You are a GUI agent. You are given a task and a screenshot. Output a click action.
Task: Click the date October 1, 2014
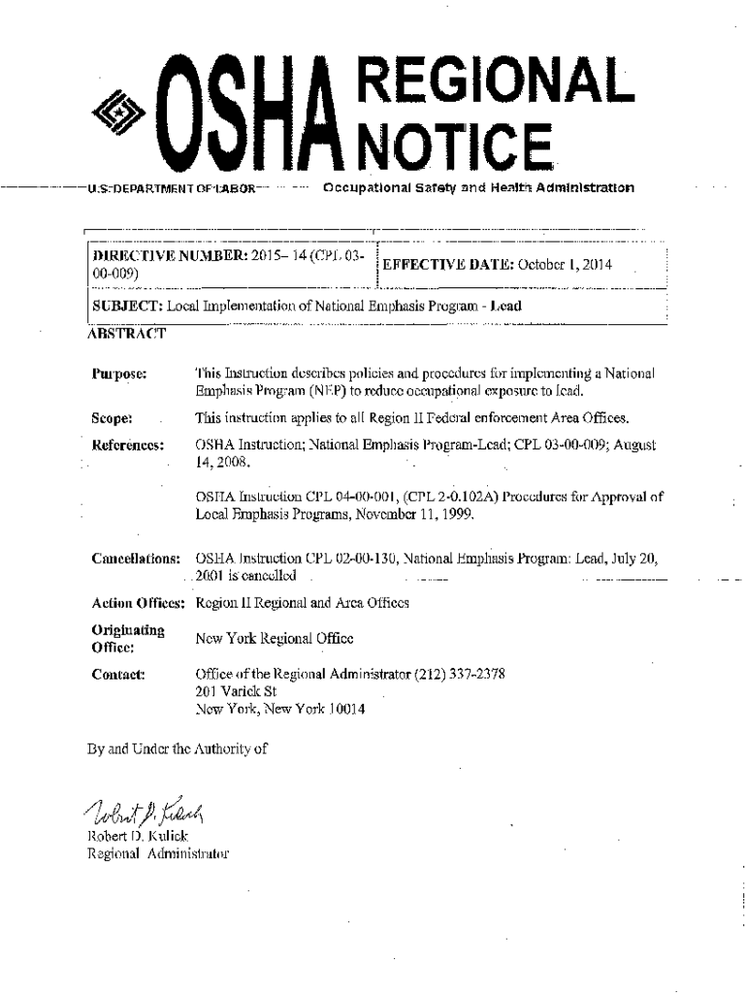pyautogui.click(x=565, y=265)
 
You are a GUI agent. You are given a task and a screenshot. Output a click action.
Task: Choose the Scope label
pyautogui.click(x=112, y=418)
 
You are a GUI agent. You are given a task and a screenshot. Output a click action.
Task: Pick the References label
pyautogui.click(x=126, y=445)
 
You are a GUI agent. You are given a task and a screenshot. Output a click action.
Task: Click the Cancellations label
pyautogui.click(x=135, y=560)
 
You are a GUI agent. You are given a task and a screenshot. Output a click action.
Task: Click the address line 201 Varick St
pyautogui.click(x=237, y=691)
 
